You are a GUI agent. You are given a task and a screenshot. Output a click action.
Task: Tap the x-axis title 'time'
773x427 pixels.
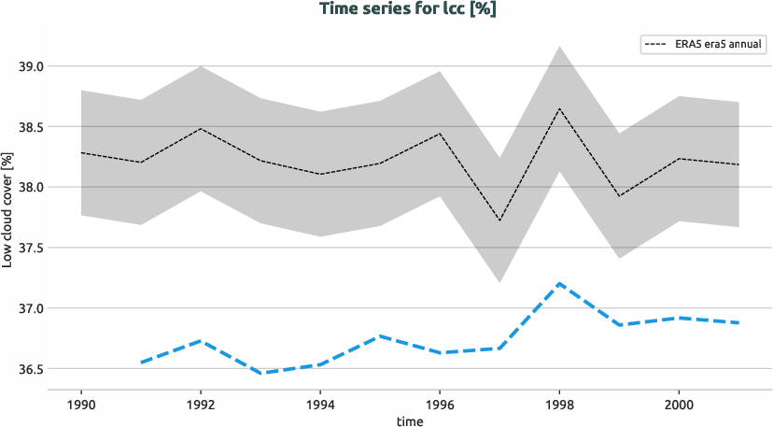(x=409, y=420)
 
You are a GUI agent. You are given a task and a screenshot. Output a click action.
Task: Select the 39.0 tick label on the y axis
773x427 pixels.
(x=29, y=66)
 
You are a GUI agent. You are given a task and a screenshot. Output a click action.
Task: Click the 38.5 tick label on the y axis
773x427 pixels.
(x=29, y=127)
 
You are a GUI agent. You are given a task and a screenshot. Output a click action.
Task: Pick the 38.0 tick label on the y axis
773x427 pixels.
(x=29, y=187)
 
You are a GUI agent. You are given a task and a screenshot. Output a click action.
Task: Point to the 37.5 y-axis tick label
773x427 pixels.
(x=29, y=248)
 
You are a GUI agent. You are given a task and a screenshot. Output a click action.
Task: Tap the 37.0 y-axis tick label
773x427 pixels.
(x=29, y=308)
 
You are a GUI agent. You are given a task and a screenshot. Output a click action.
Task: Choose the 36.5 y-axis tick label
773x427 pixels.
(x=29, y=369)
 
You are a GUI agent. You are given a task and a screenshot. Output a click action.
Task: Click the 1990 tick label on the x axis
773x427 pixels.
(x=81, y=405)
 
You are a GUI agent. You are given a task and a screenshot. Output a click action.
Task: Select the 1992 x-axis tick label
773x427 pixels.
(x=201, y=405)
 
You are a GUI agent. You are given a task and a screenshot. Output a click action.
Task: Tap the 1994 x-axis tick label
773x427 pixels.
(x=320, y=405)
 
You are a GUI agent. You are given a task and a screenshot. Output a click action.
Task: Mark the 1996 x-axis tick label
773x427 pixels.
(x=440, y=405)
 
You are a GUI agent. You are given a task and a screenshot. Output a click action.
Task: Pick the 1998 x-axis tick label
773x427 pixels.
(x=559, y=405)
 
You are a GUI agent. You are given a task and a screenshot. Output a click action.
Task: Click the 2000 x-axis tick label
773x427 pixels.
(x=679, y=405)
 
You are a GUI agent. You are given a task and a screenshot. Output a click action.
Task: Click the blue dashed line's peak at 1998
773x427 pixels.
(x=559, y=283)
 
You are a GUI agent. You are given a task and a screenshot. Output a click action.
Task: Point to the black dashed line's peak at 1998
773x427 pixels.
(x=559, y=108)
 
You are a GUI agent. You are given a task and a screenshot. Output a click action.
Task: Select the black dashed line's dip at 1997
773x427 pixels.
(x=499, y=221)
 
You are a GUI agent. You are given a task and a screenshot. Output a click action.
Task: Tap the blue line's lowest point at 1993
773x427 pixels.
(x=260, y=373)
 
